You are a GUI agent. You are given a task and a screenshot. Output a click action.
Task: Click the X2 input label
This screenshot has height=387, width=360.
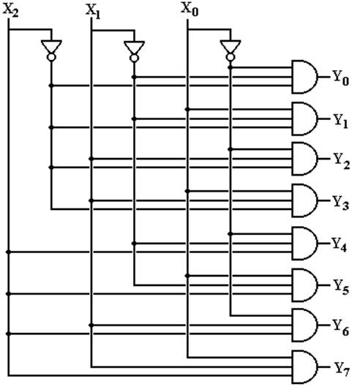pyautogui.click(x=10, y=11)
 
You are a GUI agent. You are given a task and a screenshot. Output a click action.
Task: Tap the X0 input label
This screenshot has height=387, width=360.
pyautogui.click(x=190, y=9)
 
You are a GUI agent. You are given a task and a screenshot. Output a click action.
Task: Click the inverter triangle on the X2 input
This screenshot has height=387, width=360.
pyautogui.click(x=51, y=47)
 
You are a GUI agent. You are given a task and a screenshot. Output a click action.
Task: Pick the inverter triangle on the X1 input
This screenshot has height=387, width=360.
pyautogui.click(x=134, y=48)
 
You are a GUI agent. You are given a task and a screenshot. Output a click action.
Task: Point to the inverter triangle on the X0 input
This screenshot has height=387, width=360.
pyautogui.click(x=230, y=47)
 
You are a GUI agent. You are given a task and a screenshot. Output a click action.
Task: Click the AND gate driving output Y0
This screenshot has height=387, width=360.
pyautogui.click(x=304, y=77)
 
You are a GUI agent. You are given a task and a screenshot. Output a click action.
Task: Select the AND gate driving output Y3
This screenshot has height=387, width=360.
pyautogui.click(x=304, y=200)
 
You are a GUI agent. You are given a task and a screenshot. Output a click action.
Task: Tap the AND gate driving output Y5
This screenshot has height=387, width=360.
pyautogui.click(x=304, y=285)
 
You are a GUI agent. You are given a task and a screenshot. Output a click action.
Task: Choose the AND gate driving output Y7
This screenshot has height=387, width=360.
pyautogui.click(x=304, y=367)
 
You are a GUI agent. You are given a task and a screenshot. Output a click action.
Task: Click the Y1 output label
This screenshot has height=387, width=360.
pyautogui.click(x=341, y=121)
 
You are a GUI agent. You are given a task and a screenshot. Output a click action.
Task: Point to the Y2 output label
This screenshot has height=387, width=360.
pyautogui.click(x=342, y=161)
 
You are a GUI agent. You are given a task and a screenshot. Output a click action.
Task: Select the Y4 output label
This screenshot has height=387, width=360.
pyautogui.click(x=340, y=245)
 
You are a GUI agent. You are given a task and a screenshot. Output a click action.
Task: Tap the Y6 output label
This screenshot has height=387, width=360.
pyautogui.click(x=340, y=327)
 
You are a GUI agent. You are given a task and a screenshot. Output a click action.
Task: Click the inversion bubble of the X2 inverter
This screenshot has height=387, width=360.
pyautogui.click(x=51, y=57)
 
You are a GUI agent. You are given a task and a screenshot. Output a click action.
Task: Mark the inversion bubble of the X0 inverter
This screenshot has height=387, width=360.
pyautogui.click(x=230, y=57)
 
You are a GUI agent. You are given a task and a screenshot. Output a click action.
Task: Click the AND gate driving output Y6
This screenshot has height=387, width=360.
pyautogui.click(x=304, y=325)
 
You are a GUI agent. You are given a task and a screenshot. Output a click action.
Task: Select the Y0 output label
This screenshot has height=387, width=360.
pyautogui.click(x=341, y=78)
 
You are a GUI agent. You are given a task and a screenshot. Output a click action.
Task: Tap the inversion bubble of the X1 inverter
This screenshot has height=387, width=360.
pyautogui.click(x=134, y=58)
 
